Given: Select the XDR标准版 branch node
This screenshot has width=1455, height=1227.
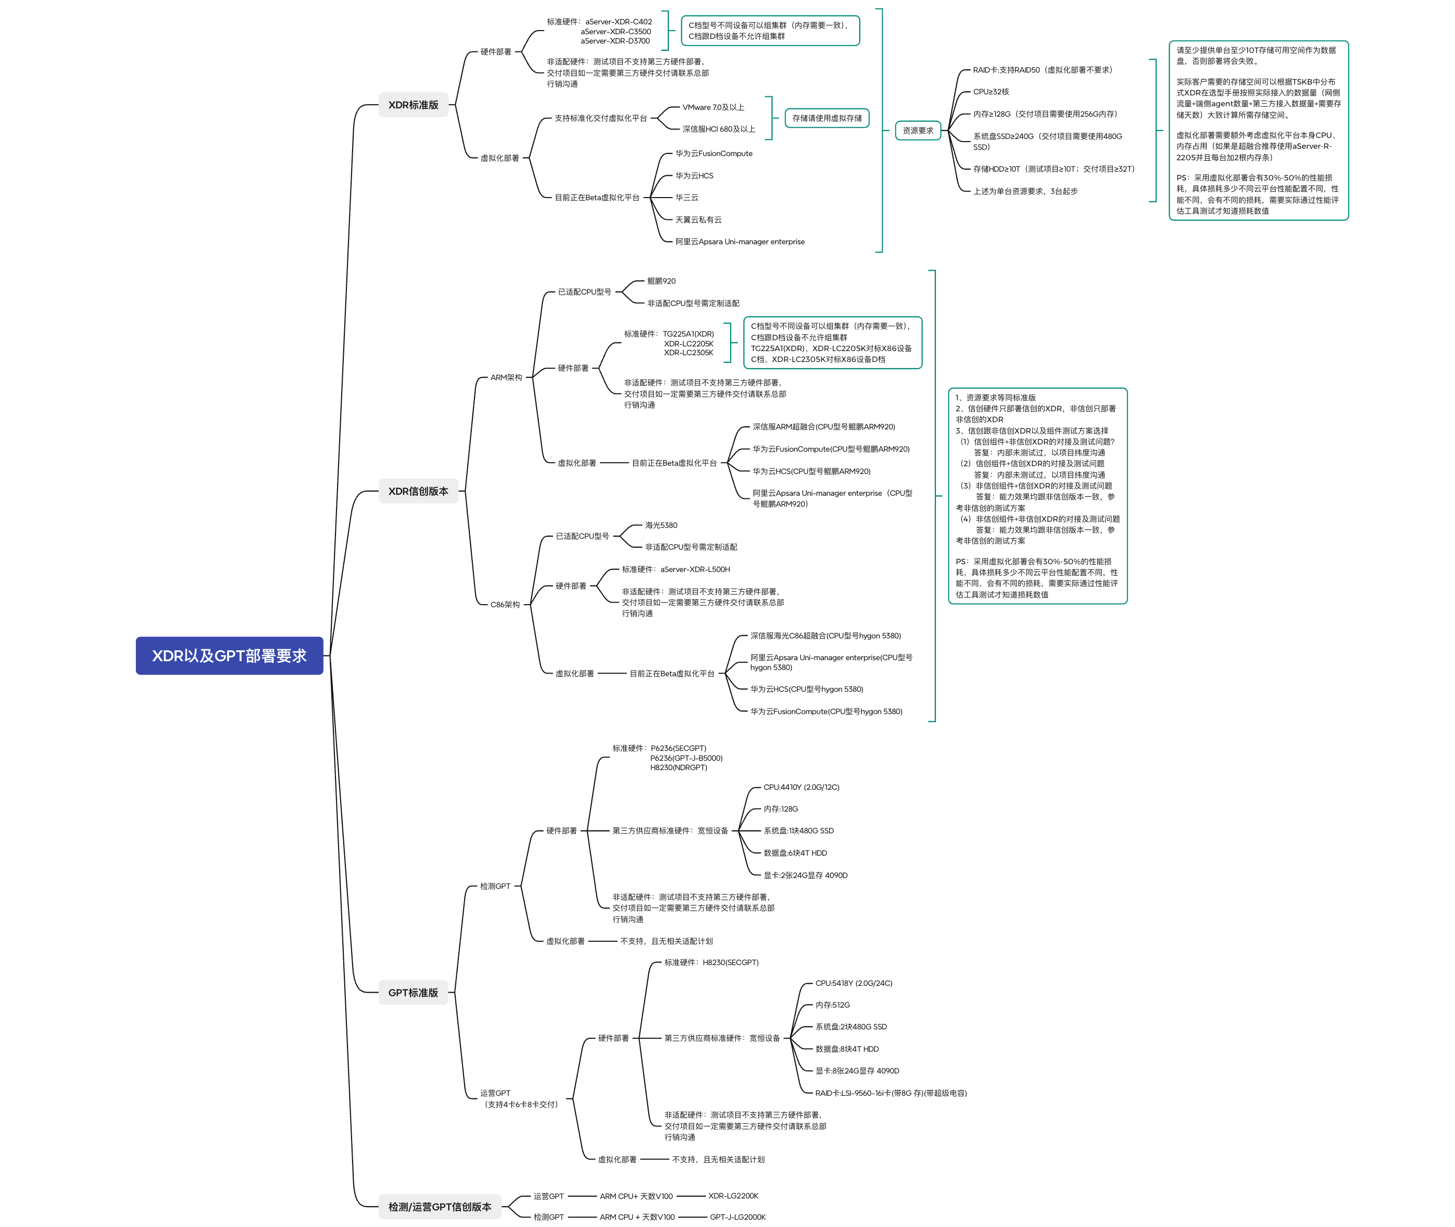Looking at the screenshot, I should [x=413, y=105].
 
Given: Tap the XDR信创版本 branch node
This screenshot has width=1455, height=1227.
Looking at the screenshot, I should [x=418, y=491].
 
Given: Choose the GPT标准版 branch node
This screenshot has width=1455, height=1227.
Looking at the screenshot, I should [x=413, y=993].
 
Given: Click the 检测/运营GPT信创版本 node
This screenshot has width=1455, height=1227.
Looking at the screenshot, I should [x=440, y=1207].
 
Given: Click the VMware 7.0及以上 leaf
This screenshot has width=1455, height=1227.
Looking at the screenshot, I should [x=713, y=107].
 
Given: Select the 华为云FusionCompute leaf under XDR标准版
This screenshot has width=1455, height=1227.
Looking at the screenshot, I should [x=713, y=154].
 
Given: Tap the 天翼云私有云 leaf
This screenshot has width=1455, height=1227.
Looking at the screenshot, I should [x=698, y=220].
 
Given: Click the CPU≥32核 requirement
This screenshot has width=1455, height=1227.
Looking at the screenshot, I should [x=990, y=92].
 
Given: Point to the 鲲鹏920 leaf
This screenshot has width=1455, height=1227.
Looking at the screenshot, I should [x=661, y=281].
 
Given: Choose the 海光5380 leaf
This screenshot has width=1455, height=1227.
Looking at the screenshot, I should [x=661, y=525].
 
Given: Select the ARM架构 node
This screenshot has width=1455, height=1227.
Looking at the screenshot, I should [x=506, y=378].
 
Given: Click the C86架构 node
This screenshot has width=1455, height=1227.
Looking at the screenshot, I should [x=505, y=605].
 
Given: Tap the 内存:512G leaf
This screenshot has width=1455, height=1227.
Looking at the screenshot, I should [x=833, y=1005].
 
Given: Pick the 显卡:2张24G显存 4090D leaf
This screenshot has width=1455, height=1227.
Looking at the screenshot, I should [x=805, y=875].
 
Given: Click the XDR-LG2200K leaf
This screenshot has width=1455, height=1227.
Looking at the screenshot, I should [x=733, y=1196].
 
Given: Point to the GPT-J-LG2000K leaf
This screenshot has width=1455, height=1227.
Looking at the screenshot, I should [x=737, y=1217].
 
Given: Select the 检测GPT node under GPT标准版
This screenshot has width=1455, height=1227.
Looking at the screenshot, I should [x=495, y=886].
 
